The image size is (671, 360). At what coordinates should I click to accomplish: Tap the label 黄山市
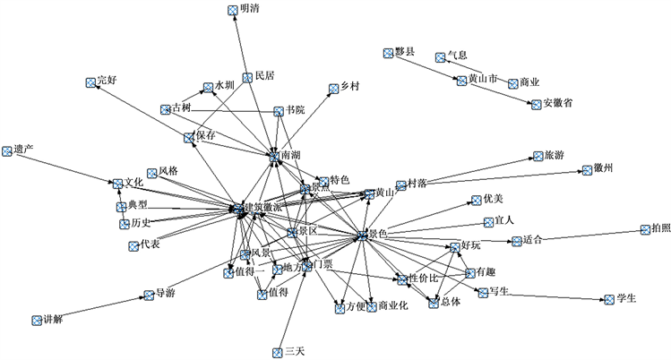[x=484, y=80]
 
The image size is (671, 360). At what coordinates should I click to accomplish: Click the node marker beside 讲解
[x=37, y=319]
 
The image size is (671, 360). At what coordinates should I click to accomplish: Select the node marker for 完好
[x=90, y=81]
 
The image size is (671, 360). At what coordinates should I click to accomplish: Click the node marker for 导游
[x=149, y=295]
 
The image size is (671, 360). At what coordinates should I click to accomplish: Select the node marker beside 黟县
[x=388, y=53]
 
